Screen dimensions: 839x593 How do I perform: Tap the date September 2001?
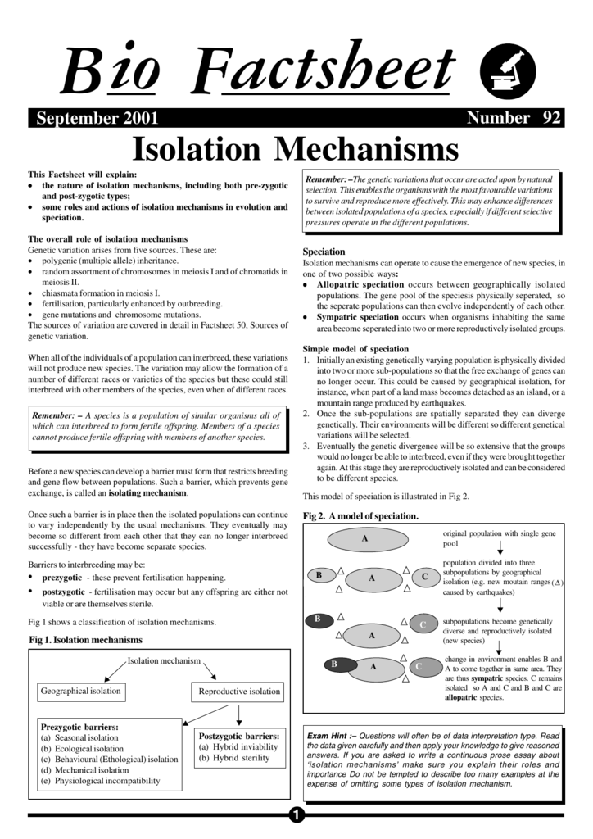[97, 118]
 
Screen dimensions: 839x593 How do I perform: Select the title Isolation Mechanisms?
[296, 149]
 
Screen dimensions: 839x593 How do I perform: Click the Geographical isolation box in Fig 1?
[80, 692]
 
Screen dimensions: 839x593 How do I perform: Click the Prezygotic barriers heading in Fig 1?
[79, 727]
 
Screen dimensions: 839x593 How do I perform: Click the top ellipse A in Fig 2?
[364, 539]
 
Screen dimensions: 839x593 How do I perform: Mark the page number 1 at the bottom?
[296, 814]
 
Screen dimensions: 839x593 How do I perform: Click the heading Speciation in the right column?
[324, 252]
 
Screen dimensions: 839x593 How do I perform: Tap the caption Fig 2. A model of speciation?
[360, 516]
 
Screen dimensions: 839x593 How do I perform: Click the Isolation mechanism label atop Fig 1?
[164, 661]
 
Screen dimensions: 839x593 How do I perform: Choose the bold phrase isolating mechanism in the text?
[148, 494]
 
